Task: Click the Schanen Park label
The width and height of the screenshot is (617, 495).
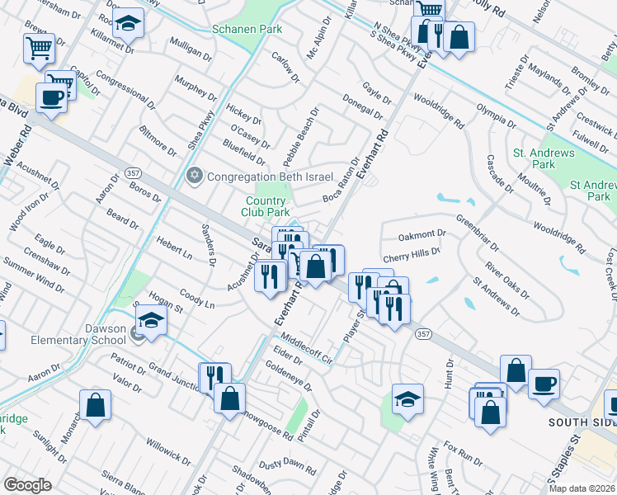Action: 247,29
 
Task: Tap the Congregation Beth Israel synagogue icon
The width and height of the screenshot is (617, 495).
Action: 195,176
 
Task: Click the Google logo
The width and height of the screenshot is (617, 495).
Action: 27,484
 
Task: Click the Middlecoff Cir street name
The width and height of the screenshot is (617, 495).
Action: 305,348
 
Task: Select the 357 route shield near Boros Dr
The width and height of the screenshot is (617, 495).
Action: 132,172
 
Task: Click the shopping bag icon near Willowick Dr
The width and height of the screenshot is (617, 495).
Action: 96,405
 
